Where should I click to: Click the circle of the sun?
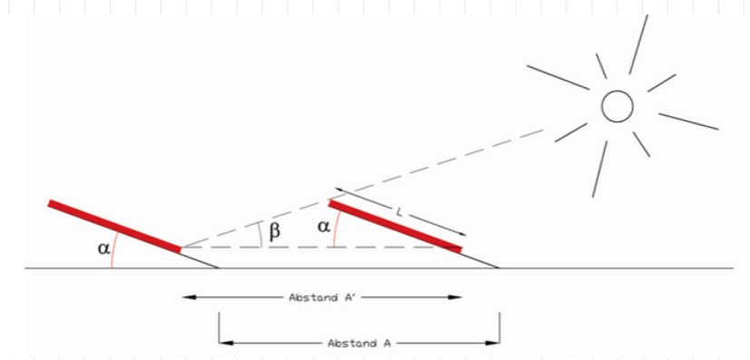(x=618, y=106)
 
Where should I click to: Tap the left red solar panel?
(x=114, y=224)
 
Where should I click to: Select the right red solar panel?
(x=395, y=226)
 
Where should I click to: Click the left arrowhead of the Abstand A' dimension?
(x=187, y=297)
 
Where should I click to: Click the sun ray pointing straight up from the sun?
(x=638, y=45)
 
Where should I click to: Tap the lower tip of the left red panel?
(x=180, y=247)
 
